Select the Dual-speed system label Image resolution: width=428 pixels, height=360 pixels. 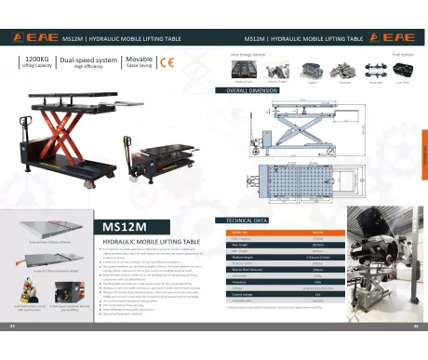tap(89, 60)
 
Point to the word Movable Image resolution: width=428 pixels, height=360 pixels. tap(140, 59)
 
